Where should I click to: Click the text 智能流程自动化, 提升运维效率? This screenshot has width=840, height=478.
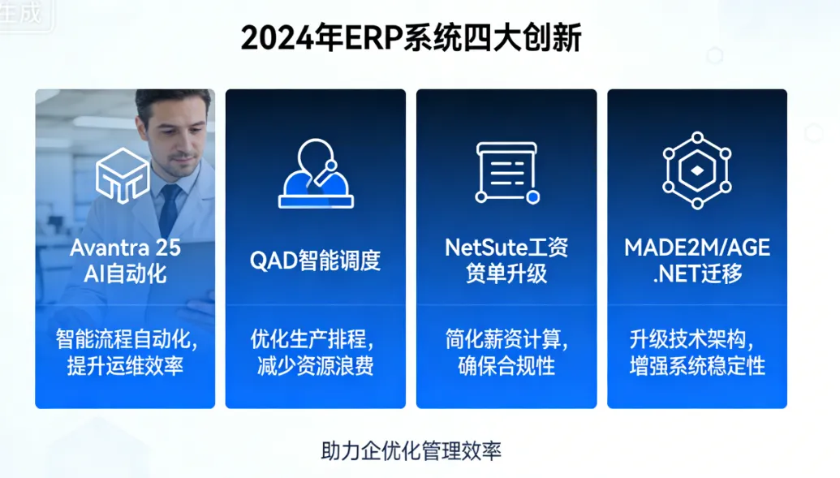pyautogui.click(x=125, y=351)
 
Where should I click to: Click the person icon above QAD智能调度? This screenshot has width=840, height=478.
pyautogui.click(x=315, y=174)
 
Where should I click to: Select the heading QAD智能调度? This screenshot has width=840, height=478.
pyautogui.click(x=315, y=261)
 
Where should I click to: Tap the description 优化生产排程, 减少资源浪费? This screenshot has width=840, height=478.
pyautogui.click(x=315, y=351)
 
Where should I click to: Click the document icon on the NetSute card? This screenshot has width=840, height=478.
pyautogui.click(x=506, y=172)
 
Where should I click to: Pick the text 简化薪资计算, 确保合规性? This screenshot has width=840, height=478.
pyautogui.click(x=506, y=351)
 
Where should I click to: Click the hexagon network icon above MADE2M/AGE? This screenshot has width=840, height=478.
pyautogui.click(x=696, y=171)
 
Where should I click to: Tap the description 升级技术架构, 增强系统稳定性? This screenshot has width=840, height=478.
pyautogui.click(x=697, y=351)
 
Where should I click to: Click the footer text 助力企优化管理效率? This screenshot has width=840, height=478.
pyautogui.click(x=411, y=450)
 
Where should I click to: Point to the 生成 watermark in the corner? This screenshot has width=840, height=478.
pyautogui.click(x=19, y=15)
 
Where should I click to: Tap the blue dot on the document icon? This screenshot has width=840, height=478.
pyautogui.click(x=532, y=197)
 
